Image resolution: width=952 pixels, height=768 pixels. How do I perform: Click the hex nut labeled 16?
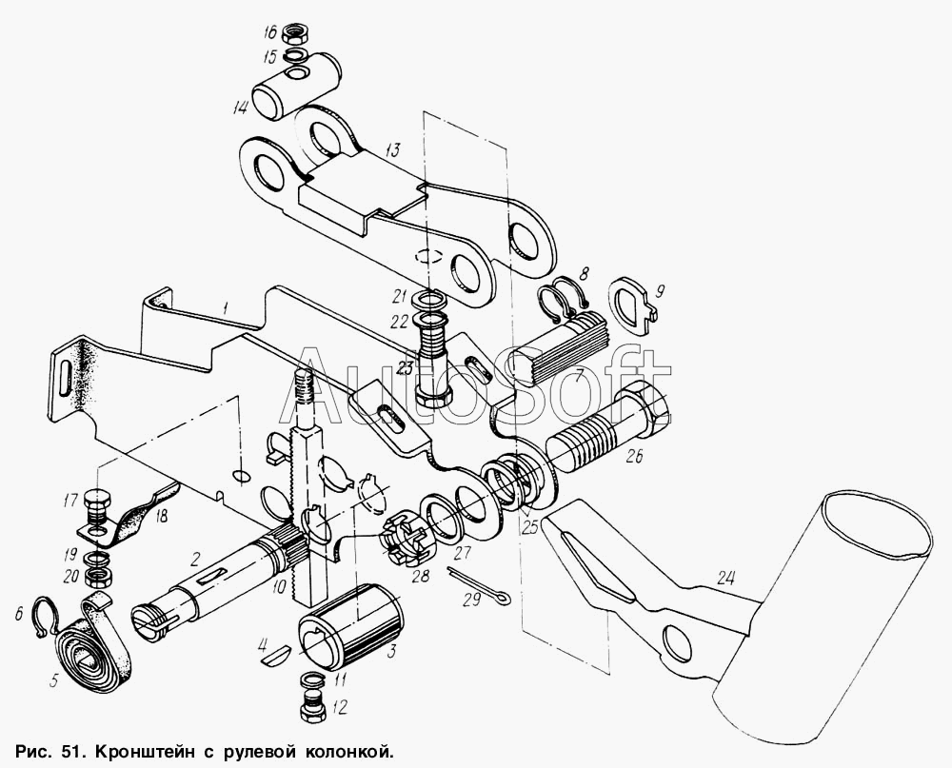point(297,31)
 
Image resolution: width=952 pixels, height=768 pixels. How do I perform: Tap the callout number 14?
point(240,108)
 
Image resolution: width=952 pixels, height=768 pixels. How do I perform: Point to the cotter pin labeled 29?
point(477,589)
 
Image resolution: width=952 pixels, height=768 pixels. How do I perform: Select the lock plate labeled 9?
point(633,306)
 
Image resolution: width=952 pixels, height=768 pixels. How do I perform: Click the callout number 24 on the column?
point(724,580)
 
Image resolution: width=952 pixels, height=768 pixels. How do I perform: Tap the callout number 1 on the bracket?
point(224,309)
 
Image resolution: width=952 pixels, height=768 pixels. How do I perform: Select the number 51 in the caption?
point(72,753)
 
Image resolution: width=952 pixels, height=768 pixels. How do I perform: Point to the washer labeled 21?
point(428,300)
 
